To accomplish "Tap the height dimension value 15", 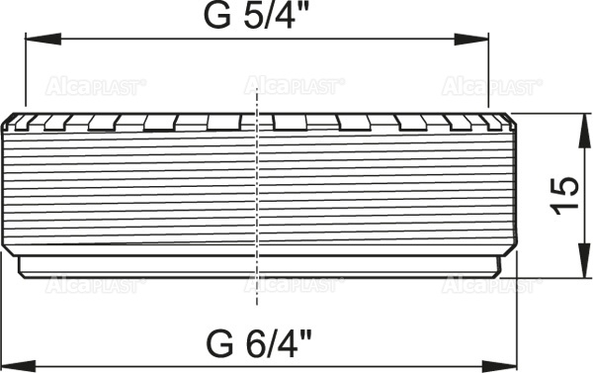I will tap(563, 196).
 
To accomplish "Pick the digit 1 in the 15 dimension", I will tap(563, 210).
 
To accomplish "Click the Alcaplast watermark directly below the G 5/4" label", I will tap(294, 86).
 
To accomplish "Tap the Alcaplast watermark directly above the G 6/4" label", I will tap(294, 285).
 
